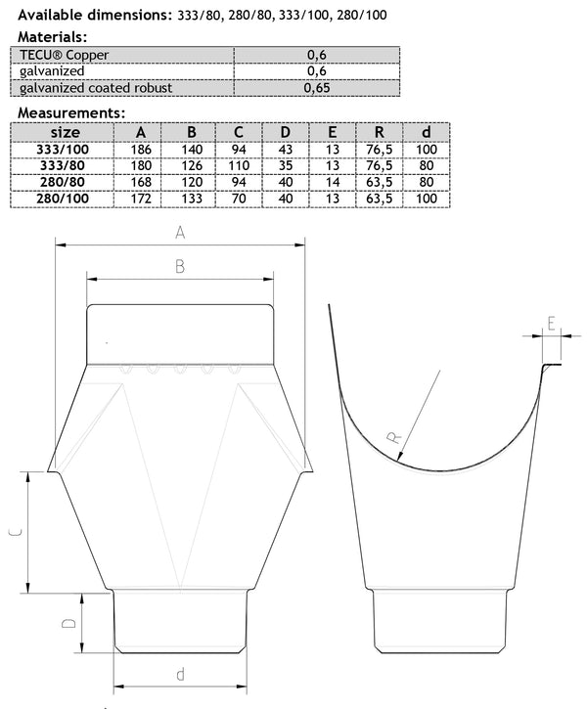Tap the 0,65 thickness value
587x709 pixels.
[318, 88]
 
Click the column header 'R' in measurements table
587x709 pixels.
[374, 132]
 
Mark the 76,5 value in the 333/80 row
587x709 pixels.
[374, 166]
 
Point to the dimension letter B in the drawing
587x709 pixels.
[179, 266]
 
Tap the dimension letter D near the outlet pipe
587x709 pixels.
[68, 624]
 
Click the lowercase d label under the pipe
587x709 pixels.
[180, 673]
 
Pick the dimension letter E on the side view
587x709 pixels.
[554, 323]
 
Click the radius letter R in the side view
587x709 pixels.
[395, 442]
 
